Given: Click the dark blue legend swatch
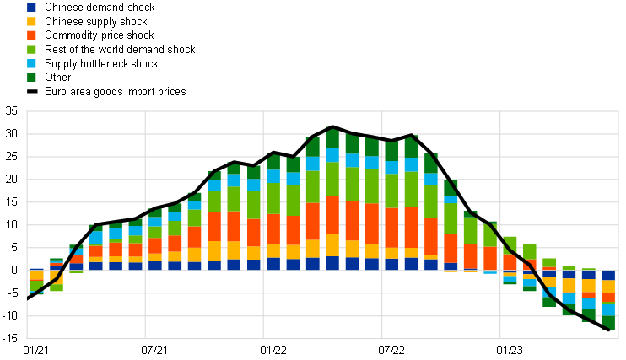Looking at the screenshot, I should pyautogui.click(x=31, y=7).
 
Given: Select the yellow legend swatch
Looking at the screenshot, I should pyautogui.click(x=31, y=21).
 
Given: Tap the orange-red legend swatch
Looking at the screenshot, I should pyautogui.click(x=31, y=35).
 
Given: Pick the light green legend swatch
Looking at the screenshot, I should pyautogui.click(x=31, y=49).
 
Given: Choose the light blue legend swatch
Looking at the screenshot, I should pyautogui.click(x=31, y=63).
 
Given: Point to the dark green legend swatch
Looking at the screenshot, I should pyautogui.click(x=31, y=77).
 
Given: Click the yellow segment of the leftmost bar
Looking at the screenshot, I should pyautogui.click(x=36, y=276).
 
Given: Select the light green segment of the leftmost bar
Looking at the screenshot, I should pyautogui.click(x=36, y=287).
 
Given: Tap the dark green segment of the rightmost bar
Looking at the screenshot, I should pyautogui.click(x=608, y=323).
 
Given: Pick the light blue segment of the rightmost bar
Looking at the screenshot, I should pyautogui.click(x=608, y=309).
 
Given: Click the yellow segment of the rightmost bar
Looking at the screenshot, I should pyautogui.click(x=608, y=287).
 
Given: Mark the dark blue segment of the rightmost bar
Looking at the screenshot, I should pyautogui.click(x=608, y=276).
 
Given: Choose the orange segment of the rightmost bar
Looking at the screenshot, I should pyautogui.click(x=608, y=298).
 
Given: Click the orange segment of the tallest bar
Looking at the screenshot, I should pyautogui.click(x=332, y=215).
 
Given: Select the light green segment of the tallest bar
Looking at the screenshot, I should pyautogui.click(x=332, y=178).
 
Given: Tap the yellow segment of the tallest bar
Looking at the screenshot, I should pyautogui.click(x=332, y=245).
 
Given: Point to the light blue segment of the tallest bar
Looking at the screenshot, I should pyautogui.click(x=332, y=154).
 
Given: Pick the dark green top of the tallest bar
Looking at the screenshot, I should pyautogui.click(x=332, y=138).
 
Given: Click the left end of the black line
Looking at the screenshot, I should pyautogui.click(x=28, y=297).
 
